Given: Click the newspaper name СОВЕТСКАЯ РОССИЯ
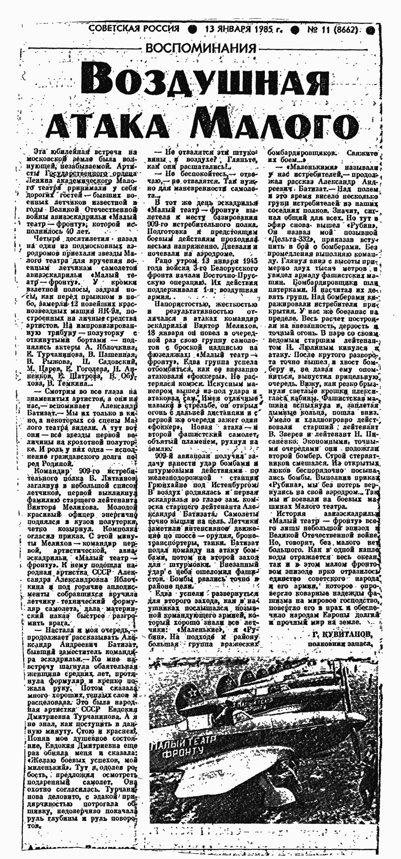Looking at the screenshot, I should click(x=134, y=29).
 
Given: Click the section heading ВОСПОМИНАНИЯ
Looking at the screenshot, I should click(x=201, y=49).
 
